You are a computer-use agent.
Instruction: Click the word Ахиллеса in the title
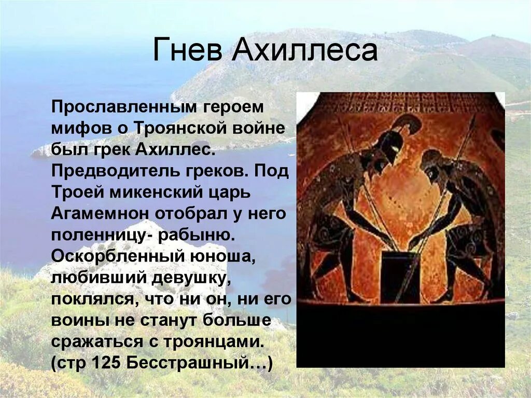304,50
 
